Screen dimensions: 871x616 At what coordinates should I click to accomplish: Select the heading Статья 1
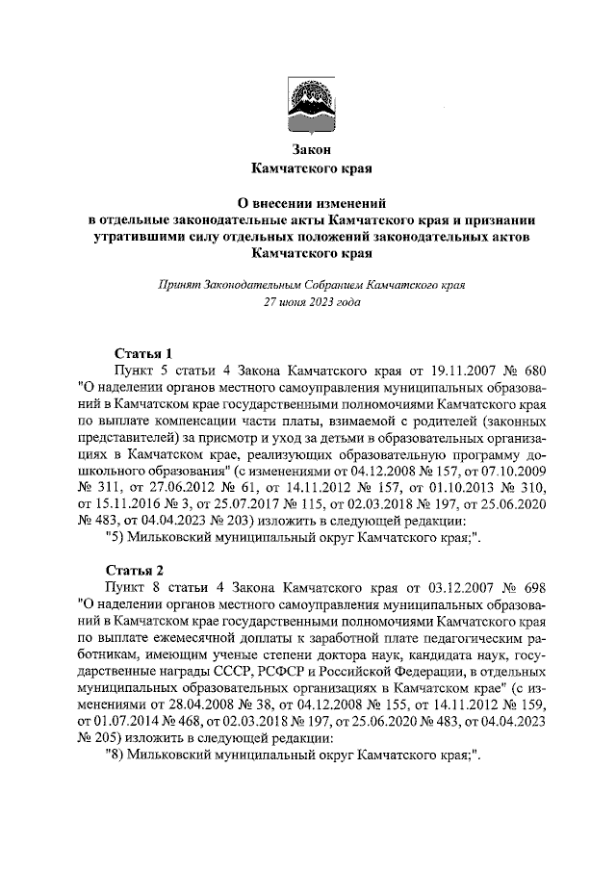[142, 352]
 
